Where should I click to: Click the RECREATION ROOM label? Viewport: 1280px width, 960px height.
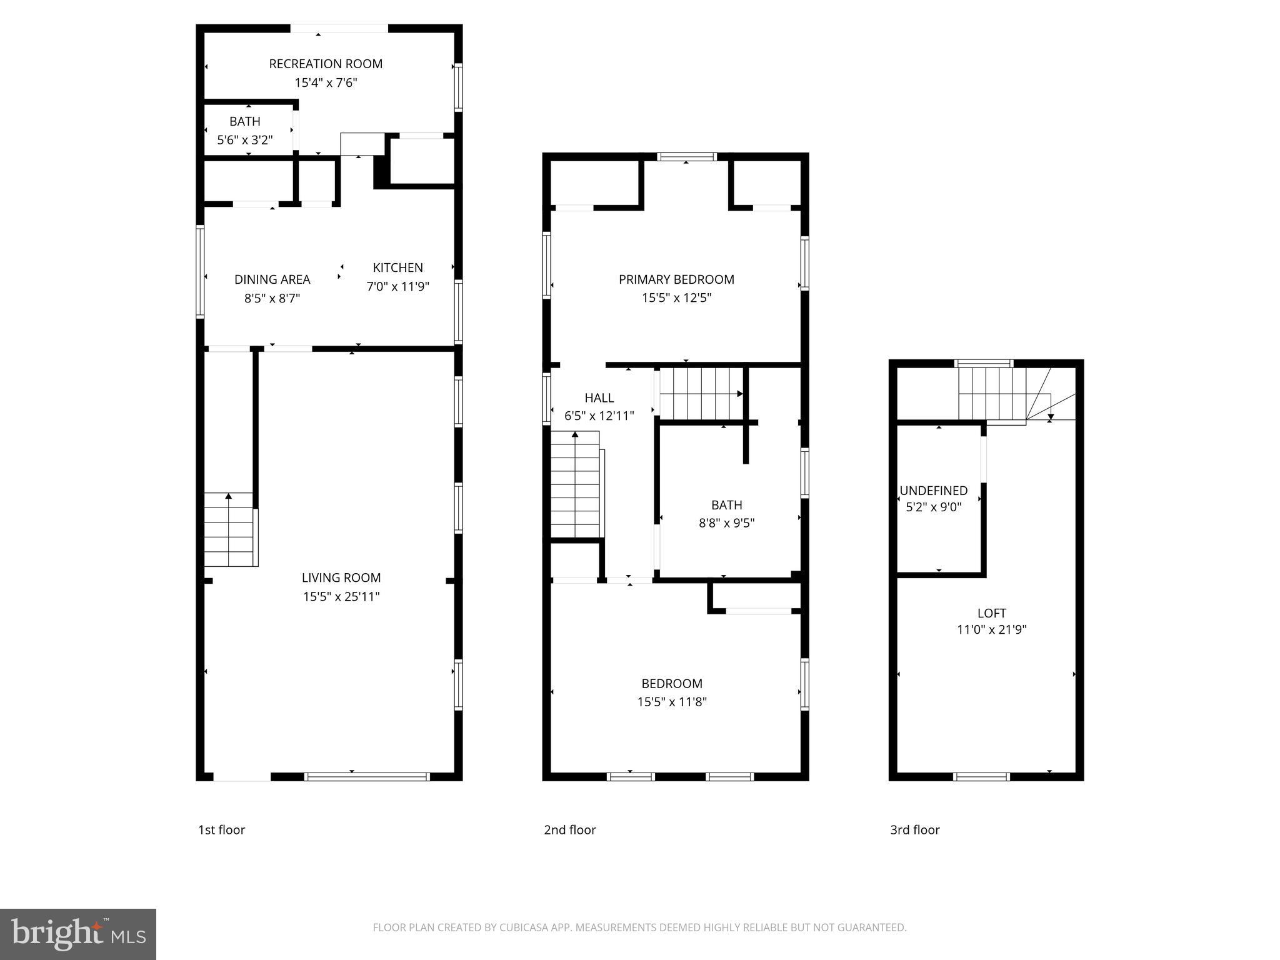pos(326,64)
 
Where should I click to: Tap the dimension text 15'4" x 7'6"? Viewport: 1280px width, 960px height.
pos(326,82)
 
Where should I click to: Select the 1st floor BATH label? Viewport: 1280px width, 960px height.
pos(244,121)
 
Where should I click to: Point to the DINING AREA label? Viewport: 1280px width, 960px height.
pos(272,279)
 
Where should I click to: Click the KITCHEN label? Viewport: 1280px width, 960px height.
pos(398,267)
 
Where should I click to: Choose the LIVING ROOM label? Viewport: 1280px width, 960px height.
pos(341,577)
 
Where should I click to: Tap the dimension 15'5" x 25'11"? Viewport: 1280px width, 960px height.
pos(341,596)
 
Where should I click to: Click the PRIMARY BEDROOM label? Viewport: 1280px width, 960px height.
pos(676,279)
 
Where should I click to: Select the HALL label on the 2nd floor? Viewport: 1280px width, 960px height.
pos(599,397)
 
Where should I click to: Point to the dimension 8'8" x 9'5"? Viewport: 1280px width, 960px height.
pos(726,522)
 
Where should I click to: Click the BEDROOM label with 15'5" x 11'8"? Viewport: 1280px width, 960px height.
pos(672,684)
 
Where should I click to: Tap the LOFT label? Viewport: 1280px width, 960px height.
pos(992,613)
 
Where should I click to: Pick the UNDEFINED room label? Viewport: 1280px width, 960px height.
pos(934,491)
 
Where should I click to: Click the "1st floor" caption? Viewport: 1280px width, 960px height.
pos(222,829)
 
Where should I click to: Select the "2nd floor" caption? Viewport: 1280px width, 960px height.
pos(570,829)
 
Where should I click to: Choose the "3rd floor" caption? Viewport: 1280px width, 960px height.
pos(915,829)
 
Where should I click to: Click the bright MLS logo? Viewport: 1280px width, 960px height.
pos(78,934)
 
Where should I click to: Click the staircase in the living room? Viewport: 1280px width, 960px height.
pos(231,530)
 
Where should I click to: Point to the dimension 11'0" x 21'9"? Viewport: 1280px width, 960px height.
pos(992,629)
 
